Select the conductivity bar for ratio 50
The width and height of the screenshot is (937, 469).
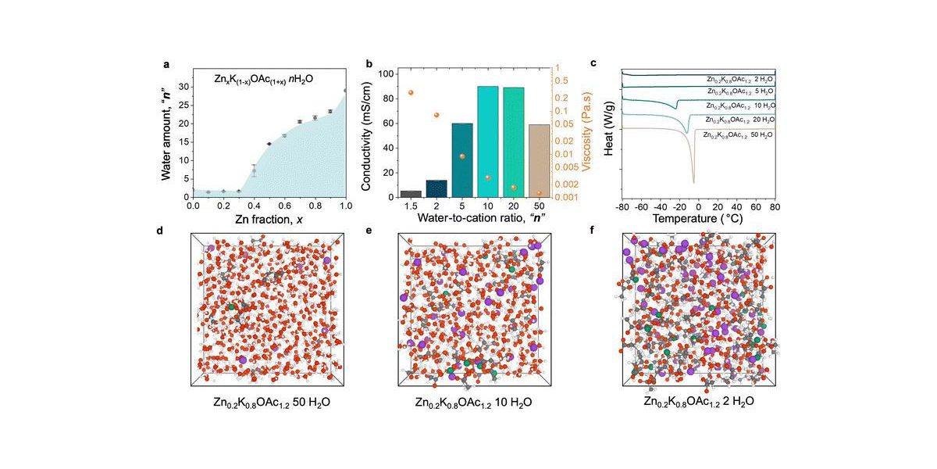click(x=539, y=160)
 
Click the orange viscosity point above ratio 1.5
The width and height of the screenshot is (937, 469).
click(x=411, y=93)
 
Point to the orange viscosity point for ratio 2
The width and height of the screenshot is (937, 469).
click(x=436, y=115)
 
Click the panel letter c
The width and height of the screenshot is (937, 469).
click(x=594, y=63)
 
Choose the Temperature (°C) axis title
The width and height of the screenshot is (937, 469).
click(x=698, y=221)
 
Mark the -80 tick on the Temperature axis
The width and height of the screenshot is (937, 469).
click(x=622, y=207)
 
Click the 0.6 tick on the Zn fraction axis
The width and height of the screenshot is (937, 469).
click(x=284, y=207)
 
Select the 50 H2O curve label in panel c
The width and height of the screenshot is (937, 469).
click(x=739, y=135)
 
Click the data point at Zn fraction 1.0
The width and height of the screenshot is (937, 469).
click(x=345, y=91)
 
